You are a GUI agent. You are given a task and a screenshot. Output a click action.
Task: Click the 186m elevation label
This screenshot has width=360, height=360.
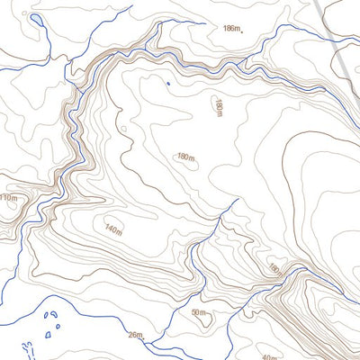[231, 29]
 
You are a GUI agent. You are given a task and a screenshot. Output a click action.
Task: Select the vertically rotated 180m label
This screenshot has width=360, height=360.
[218, 107]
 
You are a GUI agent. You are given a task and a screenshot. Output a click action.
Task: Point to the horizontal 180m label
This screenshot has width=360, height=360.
[186, 157]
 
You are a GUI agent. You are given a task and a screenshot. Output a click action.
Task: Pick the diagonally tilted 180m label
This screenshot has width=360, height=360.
[274, 269]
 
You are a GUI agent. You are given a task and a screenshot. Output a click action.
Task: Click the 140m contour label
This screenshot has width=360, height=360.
[112, 230]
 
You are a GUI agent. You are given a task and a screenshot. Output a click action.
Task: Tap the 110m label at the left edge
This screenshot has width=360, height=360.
[8, 198]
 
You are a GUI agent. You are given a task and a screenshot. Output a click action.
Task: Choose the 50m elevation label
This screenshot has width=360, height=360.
[199, 312]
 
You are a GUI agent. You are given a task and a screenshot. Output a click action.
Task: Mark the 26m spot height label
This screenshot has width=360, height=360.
[135, 336]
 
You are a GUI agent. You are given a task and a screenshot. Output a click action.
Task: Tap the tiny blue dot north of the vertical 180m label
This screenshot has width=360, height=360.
[167, 85]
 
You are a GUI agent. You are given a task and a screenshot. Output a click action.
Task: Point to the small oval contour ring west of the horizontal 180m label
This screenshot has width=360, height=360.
[123, 130]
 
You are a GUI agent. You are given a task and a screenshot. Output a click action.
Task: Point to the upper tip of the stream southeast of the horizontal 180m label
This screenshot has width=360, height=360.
[236, 202]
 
